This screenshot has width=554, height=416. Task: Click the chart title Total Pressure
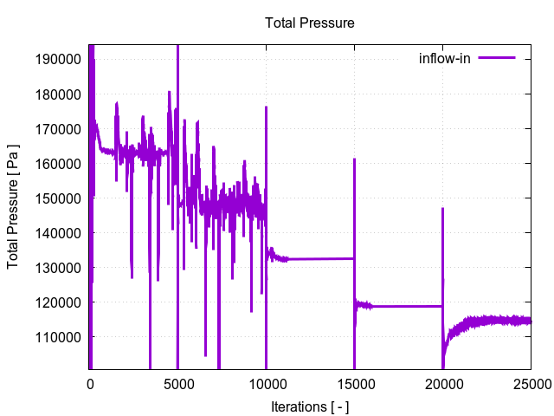click(309, 23)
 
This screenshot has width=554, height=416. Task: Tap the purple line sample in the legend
click(496, 59)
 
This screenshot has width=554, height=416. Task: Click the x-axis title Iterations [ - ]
click(309, 406)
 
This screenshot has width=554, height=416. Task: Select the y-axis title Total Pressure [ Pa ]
click(14, 205)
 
